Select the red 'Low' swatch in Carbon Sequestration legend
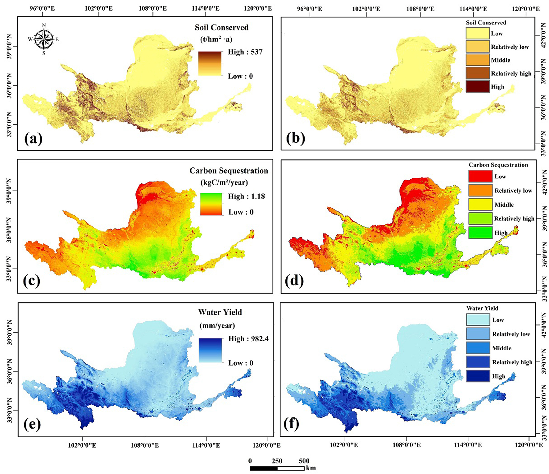[480, 176]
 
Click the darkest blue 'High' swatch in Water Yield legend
[478, 376]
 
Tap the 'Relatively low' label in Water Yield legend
[511, 334]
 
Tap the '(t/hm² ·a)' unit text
[216, 39]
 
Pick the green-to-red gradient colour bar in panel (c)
[211, 204]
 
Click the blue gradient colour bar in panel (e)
[210, 350]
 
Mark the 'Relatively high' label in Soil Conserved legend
[511, 74]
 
